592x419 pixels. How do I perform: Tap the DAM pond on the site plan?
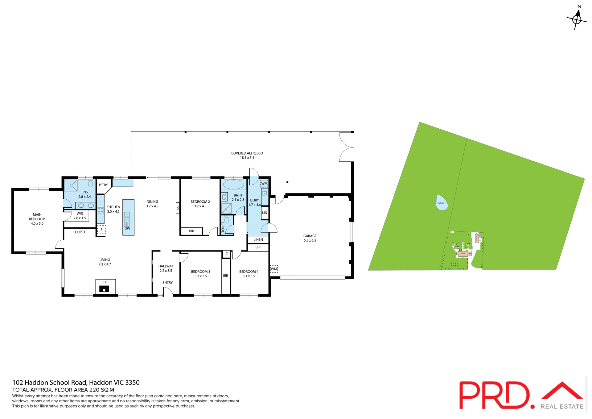pos(442,203)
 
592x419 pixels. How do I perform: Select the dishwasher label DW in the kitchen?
pos(127,229)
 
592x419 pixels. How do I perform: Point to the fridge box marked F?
pos(101,230)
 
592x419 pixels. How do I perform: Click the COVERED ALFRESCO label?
pos(247,153)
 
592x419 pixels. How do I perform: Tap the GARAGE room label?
pos(310,236)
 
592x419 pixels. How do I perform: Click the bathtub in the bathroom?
pos(233,185)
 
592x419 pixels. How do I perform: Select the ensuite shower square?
pos(71,185)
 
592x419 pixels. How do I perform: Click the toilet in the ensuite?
pos(90,184)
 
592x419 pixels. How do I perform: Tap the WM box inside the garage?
pos(274,269)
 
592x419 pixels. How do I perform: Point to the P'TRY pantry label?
pos(103,185)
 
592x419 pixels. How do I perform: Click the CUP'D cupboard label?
pos(80,232)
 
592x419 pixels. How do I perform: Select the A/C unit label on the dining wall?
pos(178,208)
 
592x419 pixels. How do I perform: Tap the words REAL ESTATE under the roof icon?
pos(562,407)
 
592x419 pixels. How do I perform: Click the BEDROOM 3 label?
pos(200,272)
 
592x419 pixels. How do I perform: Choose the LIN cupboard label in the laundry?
pos(265,213)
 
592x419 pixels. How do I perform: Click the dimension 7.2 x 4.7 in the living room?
pos(105,264)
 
